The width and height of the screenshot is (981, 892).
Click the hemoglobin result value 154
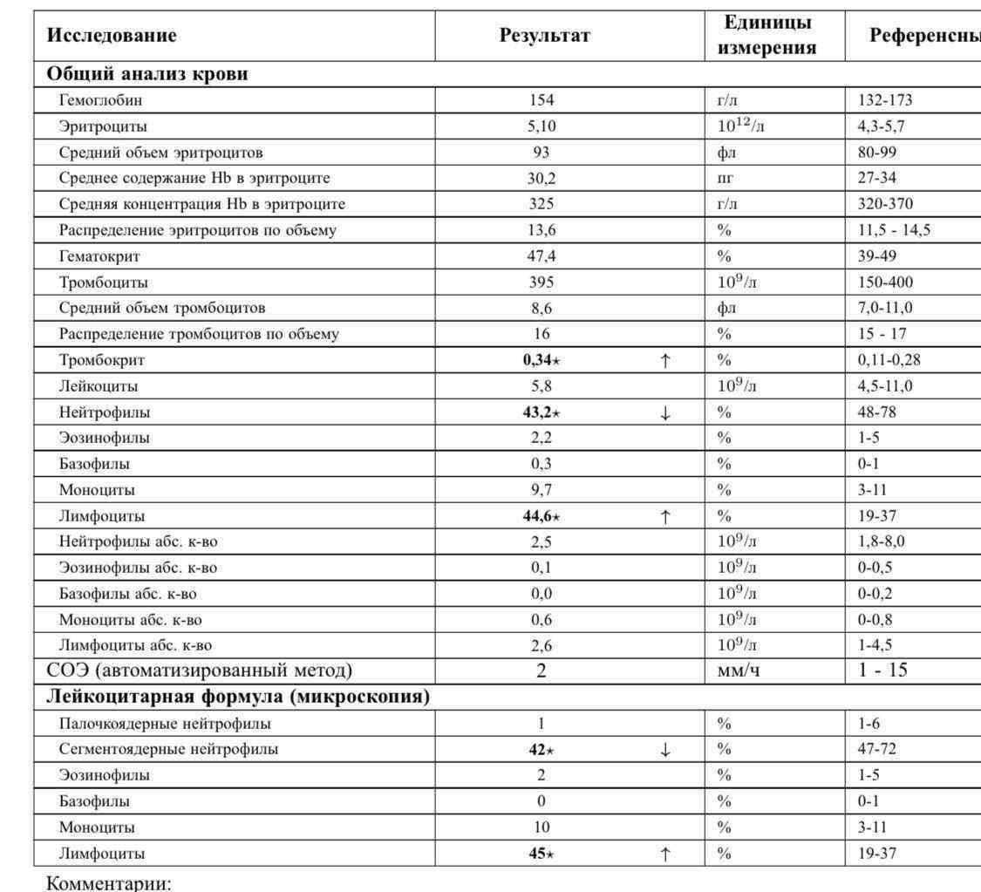(x=542, y=100)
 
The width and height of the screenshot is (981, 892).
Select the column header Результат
(x=545, y=36)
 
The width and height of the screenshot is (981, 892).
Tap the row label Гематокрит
(x=99, y=256)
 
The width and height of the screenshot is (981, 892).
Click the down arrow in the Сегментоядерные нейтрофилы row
(x=665, y=750)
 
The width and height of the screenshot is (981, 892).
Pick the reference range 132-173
(x=885, y=100)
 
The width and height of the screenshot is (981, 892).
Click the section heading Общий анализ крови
(x=147, y=74)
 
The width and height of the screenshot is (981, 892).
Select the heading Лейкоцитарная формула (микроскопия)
(x=238, y=698)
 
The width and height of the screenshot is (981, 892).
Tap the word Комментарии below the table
(x=108, y=882)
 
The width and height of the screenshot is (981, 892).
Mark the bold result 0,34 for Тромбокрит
(x=538, y=360)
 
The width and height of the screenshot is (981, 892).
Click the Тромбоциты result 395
(x=542, y=283)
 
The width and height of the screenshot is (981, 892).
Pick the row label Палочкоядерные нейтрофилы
(x=165, y=724)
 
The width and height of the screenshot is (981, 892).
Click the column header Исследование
(x=112, y=36)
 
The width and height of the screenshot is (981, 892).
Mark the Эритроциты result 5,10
(x=542, y=126)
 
